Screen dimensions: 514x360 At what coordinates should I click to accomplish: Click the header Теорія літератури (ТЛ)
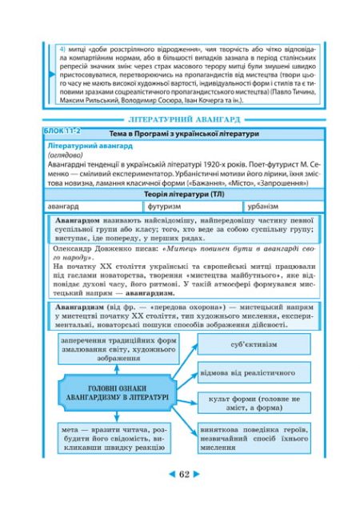tap(181, 194)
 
